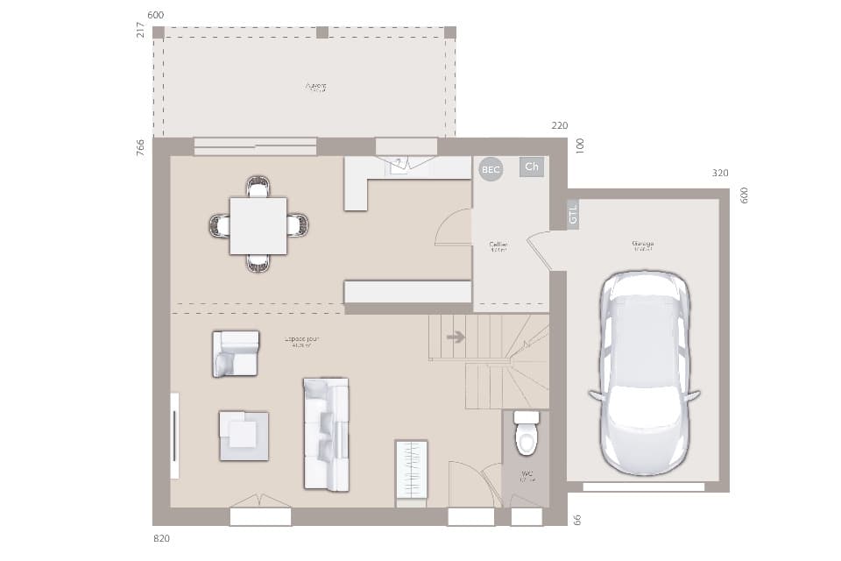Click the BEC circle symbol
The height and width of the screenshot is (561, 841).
coord(491,169)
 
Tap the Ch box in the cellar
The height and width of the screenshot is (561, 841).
coord(531,167)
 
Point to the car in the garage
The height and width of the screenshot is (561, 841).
coord(644,373)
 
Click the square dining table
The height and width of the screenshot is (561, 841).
coord(258,225)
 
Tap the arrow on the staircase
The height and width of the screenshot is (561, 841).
coord(456,337)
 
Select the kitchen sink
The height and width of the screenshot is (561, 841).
coord(399,164)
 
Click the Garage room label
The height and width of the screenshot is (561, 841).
coord(643,245)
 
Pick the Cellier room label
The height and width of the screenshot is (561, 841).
coord(498,246)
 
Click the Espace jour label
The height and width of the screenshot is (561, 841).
coord(301,341)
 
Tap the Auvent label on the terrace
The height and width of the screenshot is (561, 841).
coord(315,87)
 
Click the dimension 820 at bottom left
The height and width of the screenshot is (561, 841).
coord(161,537)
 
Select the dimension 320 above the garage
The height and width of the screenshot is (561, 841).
coord(720,174)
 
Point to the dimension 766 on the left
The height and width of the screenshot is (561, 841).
coord(140,147)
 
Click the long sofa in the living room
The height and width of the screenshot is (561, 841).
coord(326,434)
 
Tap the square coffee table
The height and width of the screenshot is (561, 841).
coord(244,436)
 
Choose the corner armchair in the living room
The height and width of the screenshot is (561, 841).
coord(235,353)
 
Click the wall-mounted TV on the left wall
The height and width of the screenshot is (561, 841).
coord(174,436)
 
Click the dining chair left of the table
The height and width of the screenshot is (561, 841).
coord(219,225)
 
